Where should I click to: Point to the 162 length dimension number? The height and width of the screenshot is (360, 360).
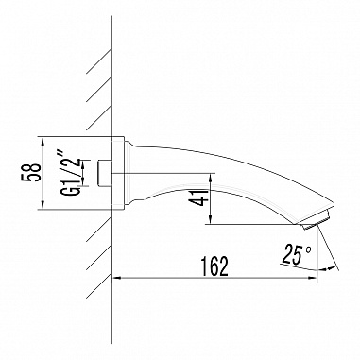coord(216,266)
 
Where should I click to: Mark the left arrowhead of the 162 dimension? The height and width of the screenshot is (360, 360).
coord(117,279)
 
